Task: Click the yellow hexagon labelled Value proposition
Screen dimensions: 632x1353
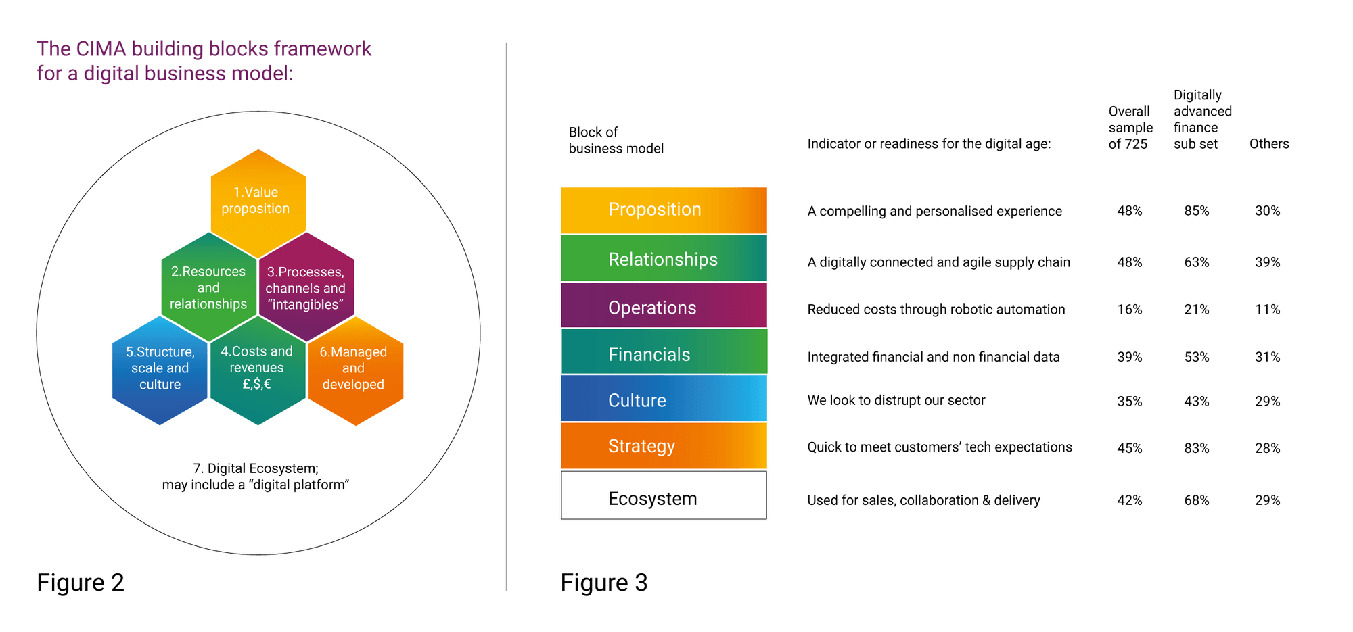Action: click(x=257, y=202)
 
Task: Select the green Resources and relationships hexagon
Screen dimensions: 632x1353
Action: click(x=208, y=288)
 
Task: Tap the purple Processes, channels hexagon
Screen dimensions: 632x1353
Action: click(x=306, y=288)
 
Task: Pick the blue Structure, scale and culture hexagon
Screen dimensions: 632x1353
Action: click(x=160, y=368)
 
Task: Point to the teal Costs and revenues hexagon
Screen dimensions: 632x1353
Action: click(x=257, y=368)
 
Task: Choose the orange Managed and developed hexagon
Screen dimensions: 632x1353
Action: click(x=354, y=368)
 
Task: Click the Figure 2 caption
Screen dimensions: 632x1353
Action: click(x=81, y=583)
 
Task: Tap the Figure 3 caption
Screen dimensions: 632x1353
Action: click(x=604, y=583)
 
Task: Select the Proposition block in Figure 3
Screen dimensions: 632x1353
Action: click(x=663, y=210)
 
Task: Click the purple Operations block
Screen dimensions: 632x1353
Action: click(x=663, y=308)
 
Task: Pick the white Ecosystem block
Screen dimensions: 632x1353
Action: click(x=663, y=498)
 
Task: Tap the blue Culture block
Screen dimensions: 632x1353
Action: click(x=663, y=400)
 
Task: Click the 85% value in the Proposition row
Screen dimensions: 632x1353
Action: click(x=1197, y=211)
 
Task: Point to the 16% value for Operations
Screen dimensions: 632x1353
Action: click(x=1130, y=310)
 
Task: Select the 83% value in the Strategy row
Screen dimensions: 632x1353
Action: click(x=1197, y=448)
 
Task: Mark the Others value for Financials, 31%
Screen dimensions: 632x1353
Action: click(x=1268, y=357)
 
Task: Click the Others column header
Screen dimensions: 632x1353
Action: click(x=1269, y=144)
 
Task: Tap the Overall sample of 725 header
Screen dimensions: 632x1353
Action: click(x=1130, y=128)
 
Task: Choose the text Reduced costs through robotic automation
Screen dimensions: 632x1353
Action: click(x=936, y=310)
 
